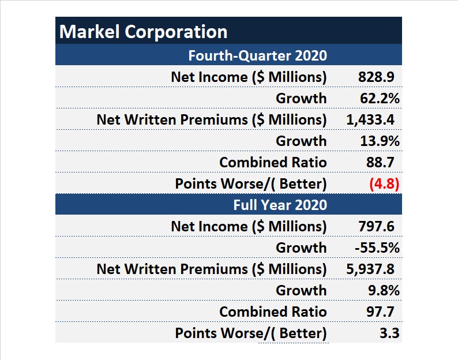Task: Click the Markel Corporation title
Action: pyautogui.click(x=144, y=31)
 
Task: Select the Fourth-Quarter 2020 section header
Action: pyautogui.click(x=257, y=55)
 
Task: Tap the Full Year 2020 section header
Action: pyautogui.click(x=280, y=205)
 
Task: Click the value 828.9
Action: pyautogui.click(x=376, y=77)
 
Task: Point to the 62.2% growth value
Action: pyautogui.click(x=380, y=98)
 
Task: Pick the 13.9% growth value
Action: pyautogui.click(x=380, y=141)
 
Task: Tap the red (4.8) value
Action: pyautogui.click(x=384, y=184)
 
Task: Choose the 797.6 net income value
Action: pyautogui.click(x=376, y=226)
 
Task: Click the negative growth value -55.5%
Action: pyautogui.click(x=377, y=247)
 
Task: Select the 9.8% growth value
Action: pyautogui.click(x=384, y=290)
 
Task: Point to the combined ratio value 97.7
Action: pyautogui.click(x=380, y=312)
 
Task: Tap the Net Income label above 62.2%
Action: pyautogui.click(x=249, y=77)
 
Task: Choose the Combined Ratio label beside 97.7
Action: pyautogui.click(x=273, y=312)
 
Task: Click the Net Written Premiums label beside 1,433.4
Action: pyautogui.click(x=212, y=119)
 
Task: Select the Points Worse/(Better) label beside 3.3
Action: pyautogui.click(x=251, y=333)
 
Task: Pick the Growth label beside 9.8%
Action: pyautogui.click(x=301, y=290)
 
